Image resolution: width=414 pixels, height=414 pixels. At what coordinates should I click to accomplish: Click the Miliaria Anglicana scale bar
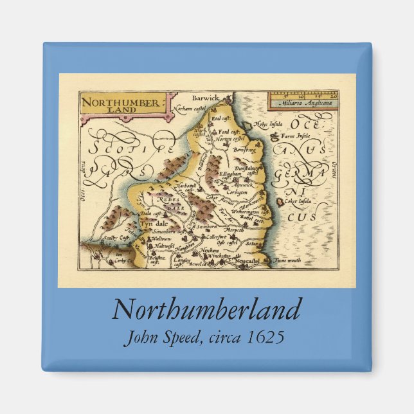(302, 98)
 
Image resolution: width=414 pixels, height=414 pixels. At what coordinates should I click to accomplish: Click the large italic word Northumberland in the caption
(206, 310)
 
